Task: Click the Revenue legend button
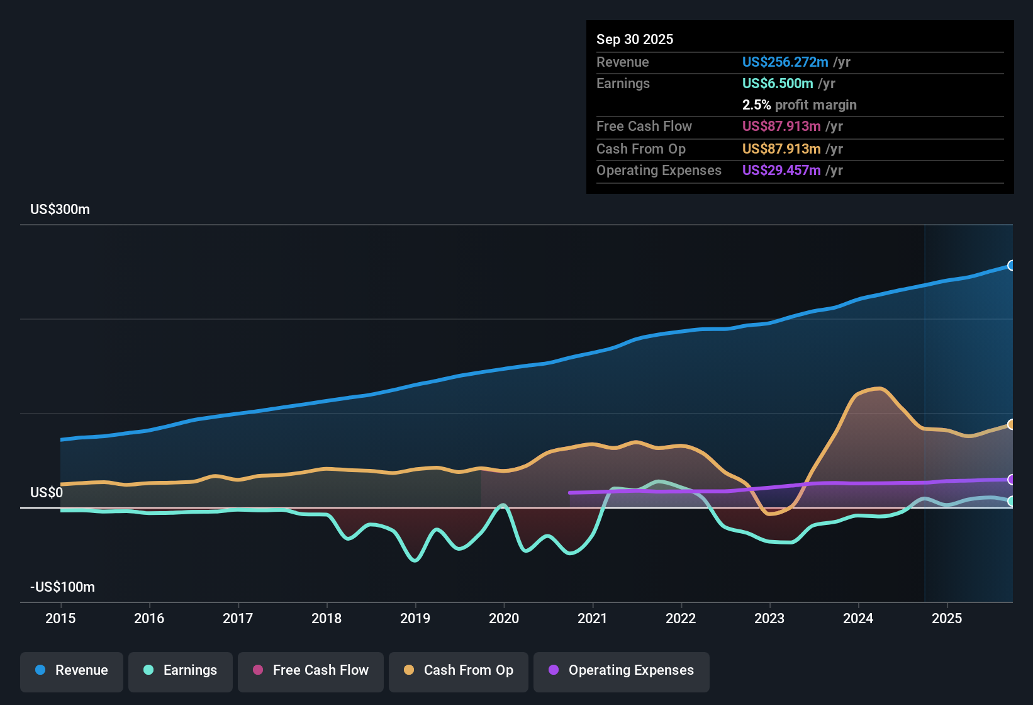click(x=72, y=670)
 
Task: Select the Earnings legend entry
click(x=181, y=670)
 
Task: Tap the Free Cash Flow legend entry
click(x=311, y=670)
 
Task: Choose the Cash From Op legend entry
click(x=459, y=670)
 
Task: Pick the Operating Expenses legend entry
click(x=622, y=670)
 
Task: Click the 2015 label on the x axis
click(x=60, y=618)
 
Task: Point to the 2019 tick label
click(x=415, y=618)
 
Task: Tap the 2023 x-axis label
click(x=769, y=618)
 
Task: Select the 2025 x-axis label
click(x=947, y=618)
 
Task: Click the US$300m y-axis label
click(x=60, y=210)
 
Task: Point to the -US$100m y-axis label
click(x=62, y=587)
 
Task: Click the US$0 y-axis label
click(x=47, y=492)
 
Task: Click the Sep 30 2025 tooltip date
click(x=635, y=39)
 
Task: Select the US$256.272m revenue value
click(x=785, y=62)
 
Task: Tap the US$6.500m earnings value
click(x=778, y=83)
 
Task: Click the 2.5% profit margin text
click(x=800, y=104)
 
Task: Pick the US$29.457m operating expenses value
click(x=781, y=170)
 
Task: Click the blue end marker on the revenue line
click(x=1011, y=266)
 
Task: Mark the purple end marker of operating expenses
click(x=1011, y=480)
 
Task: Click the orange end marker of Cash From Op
click(x=1011, y=424)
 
